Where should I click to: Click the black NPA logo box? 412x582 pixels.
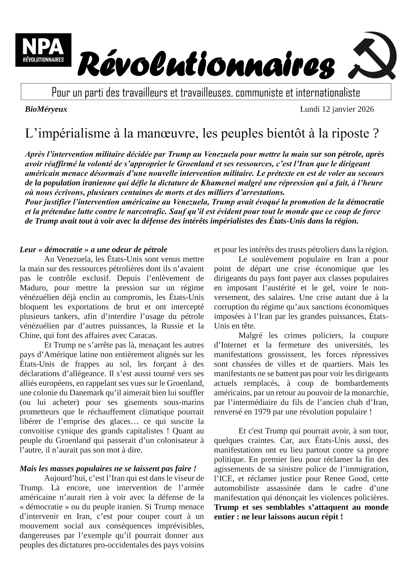(x=43, y=50)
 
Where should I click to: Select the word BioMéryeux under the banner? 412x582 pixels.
(x=46, y=109)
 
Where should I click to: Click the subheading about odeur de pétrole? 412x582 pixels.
(x=93, y=249)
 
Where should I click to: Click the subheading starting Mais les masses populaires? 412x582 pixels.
(x=108, y=469)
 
